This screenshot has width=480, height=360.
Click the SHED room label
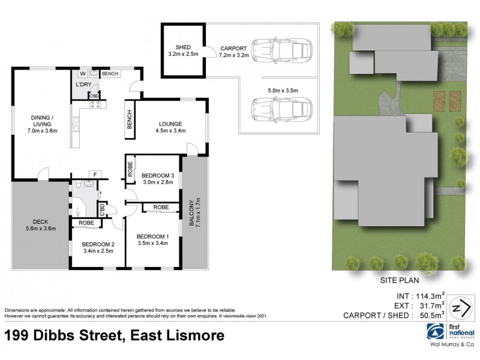pos(182,47)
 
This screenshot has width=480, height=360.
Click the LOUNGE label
pos(169,125)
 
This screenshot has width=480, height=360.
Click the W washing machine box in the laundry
pos(83,74)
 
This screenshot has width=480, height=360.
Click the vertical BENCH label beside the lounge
pos(129,119)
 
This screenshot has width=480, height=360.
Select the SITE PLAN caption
pos(398,280)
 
